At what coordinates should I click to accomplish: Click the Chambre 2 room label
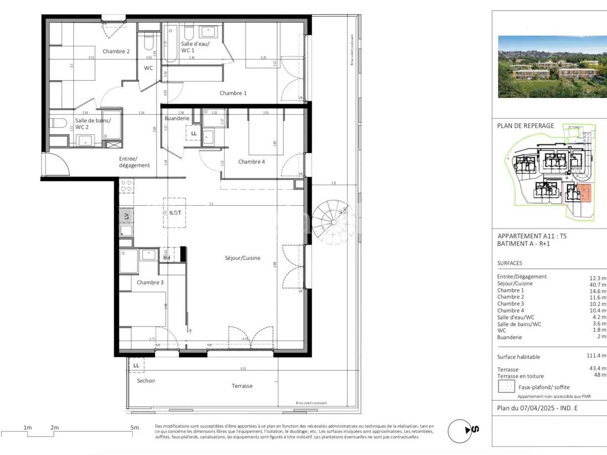[116, 51]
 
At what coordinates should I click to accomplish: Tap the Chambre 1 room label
[233, 93]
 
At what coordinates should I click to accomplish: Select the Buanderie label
[177, 118]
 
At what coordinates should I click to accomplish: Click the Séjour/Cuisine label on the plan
[243, 258]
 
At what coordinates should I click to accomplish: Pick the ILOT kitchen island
[175, 212]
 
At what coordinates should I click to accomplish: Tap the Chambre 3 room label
[150, 282]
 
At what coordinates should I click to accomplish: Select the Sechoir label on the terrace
[146, 381]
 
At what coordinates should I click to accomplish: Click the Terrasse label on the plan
[242, 386]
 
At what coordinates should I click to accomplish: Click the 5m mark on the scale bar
[135, 428]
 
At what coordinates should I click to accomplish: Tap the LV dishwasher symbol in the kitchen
[126, 216]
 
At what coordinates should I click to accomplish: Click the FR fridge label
[165, 254]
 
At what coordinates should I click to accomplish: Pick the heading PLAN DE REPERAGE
[526, 126]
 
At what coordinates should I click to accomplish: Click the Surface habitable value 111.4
[594, 356]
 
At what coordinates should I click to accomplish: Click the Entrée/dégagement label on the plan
[135, 162]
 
